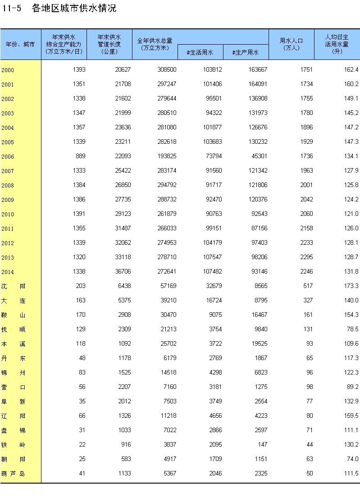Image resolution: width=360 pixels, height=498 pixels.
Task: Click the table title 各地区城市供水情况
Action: [74, 9]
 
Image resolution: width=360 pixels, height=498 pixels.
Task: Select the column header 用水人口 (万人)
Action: [291, 44]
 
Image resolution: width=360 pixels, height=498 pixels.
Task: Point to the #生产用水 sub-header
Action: [246, 53]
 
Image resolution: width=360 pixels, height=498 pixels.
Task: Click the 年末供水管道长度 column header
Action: [109, 44]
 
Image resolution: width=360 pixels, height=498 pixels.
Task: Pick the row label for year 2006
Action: [8, 157]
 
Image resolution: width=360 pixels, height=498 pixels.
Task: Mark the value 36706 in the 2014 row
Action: [122, 272]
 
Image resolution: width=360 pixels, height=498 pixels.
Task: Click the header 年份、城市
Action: [20, 44]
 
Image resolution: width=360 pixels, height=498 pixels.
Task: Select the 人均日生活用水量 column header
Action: [337, 44]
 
